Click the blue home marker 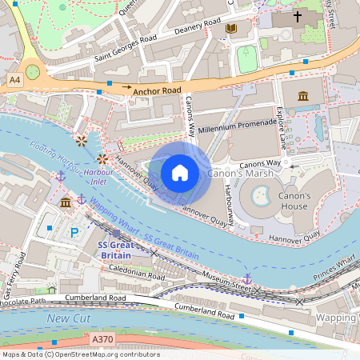pos(180,173)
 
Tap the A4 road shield pos(15,80)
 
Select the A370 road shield pos(102,339)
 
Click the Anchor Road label pos(158,91)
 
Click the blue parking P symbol pos(74,233)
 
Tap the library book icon pos(231,29)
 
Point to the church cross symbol pos(298,16)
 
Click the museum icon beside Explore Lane pos(303,97)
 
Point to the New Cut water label pos(65,319)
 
